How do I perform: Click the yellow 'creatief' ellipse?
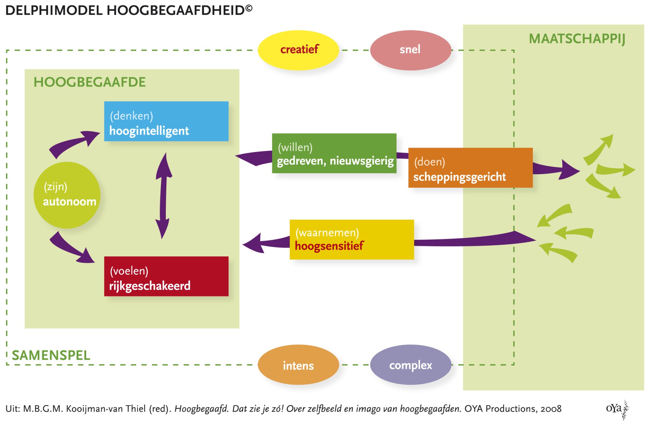click(298, 50)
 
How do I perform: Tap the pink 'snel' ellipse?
click(410, 50)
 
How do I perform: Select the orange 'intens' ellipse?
click(298, 365)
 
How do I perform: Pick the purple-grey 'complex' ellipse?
click(410, 365)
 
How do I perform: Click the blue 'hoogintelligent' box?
click(166, 121)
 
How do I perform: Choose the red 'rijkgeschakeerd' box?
click(166, 276)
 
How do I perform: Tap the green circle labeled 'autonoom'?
click(67, 195)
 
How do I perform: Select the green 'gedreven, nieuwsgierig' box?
click(334, 153)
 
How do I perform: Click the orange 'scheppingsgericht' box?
click(470, 168)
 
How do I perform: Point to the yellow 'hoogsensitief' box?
click(352, 240)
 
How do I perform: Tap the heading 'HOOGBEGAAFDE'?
click(89, 82)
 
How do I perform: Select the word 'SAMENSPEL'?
click(51, 355)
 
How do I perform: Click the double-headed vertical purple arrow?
click(163, 196)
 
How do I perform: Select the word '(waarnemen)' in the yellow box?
click(327, 233)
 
